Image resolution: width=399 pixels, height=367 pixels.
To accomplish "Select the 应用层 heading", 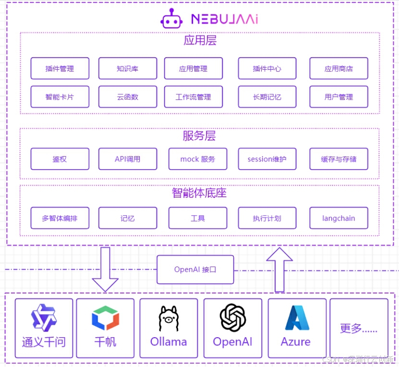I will click(200, 40).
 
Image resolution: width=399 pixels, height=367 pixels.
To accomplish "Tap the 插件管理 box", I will click(60, 69).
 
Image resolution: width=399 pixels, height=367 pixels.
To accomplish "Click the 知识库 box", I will click(128, 69).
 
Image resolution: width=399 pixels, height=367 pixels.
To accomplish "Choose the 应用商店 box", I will click(339, 69).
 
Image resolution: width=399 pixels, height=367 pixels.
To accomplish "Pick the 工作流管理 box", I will click(193, 97).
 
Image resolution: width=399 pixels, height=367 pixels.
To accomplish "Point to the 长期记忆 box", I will click(267, 97).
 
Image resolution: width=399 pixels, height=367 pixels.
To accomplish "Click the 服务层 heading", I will click(199, 136).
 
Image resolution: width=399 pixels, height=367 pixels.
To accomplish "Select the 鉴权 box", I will click(60, 159).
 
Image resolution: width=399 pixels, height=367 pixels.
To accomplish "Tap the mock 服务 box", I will click(197, 159).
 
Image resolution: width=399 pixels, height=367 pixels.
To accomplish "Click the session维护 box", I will click(267, 159).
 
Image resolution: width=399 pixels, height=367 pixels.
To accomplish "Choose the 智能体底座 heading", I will click(199, 193).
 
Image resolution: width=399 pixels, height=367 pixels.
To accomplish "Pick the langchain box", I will click(339, 218).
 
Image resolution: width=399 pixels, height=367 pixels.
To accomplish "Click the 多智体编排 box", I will click(60, 218).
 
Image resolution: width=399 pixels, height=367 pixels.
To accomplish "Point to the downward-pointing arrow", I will click(105, 269).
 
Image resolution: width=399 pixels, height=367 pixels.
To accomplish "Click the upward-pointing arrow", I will click(279, 269).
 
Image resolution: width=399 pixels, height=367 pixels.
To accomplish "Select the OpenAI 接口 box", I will click(195, 269).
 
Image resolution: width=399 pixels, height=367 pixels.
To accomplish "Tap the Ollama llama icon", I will click(169, 318).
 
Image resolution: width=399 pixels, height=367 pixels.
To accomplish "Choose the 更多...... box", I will click(359, 329).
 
